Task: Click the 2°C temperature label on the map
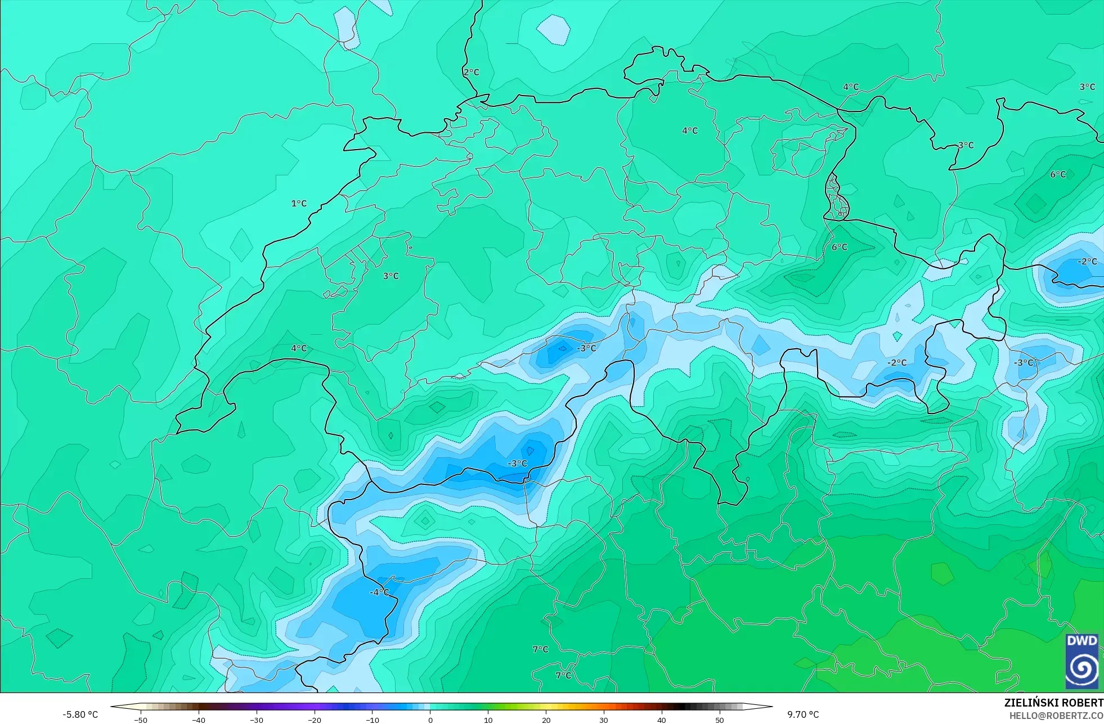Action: pos(472,72)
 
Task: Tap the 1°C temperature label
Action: pos(299,203)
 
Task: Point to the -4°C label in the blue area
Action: pos(379,592)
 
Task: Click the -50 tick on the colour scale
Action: pos(141,719)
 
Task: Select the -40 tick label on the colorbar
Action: pos(199,719)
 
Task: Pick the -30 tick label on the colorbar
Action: pos(257,719)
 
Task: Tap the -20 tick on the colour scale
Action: pos(315,719)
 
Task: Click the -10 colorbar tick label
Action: pos(373,719)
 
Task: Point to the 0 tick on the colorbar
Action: pos(430,719)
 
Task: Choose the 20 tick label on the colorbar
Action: pos(546,719)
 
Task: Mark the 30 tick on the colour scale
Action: pos(604,719)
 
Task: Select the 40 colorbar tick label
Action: pos(662,719)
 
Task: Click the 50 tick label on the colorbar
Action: pos(720,719)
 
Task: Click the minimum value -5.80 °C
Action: pos(80,714)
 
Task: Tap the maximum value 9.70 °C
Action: pos(803,714)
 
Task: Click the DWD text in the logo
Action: pos(1081,641)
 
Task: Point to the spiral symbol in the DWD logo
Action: pos(1081,668)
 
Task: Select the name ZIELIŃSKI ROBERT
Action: pos(1053,703)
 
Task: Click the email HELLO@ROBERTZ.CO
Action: pos(1056,716)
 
